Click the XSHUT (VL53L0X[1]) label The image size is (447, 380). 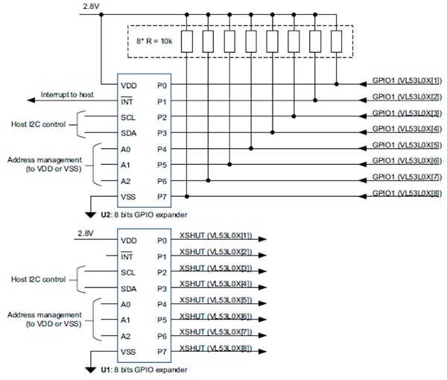pyautogui.click(x=215, y=235)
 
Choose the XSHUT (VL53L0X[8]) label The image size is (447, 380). pyautogui.click(x=215, y=349)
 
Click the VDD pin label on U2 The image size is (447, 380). pyautogui.click(x=129, y=85)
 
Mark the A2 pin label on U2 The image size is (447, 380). pyautogui.click(x=127, y=180)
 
